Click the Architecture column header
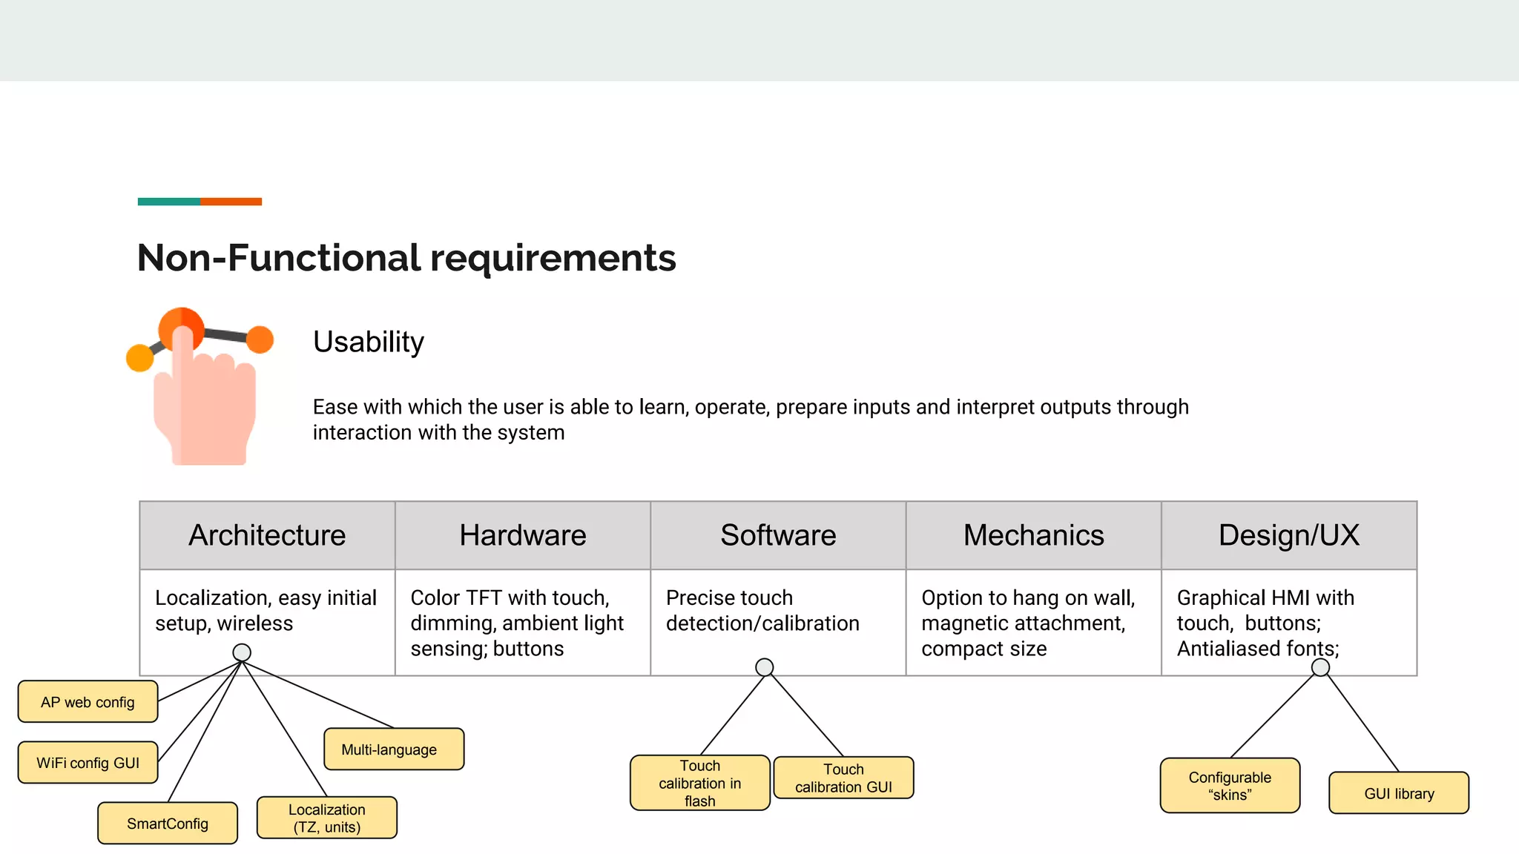267,535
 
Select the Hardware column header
522,535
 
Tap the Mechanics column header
1033,535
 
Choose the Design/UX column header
1288,535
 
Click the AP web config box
88,701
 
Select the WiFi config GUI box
88,762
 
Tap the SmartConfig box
168,823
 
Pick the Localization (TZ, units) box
326,818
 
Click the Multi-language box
393,749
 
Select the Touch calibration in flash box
699,783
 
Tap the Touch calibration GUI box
843,778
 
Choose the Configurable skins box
1230,785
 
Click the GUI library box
1398,793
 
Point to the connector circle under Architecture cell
242,652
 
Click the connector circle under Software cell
764,667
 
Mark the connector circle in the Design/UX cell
1320,667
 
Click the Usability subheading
369,342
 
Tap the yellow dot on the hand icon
139,358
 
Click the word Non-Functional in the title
279,258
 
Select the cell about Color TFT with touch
522,623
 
